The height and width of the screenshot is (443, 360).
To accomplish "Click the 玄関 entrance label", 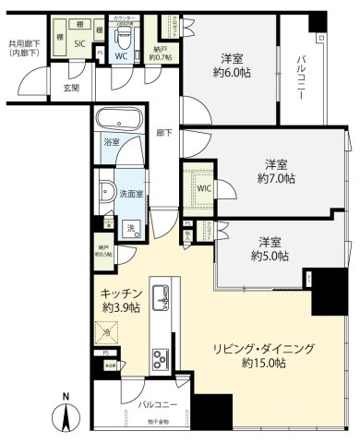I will tap(70, 88).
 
